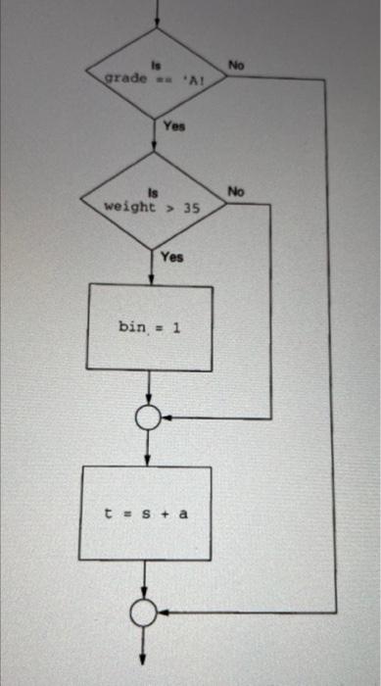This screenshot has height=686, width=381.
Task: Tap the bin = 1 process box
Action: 150,326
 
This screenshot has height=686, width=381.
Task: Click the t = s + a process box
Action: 146,513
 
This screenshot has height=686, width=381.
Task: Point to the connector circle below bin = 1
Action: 149,419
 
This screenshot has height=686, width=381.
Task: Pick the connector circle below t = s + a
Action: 145,612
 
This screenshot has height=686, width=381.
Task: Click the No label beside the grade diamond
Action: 236,63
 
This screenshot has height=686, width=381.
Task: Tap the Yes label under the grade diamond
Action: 174,126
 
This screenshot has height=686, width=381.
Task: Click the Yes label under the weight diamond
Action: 172,257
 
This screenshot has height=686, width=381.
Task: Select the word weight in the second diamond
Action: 127,208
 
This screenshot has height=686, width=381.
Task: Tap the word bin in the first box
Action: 132,326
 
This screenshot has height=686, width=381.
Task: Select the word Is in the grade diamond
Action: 154,66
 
